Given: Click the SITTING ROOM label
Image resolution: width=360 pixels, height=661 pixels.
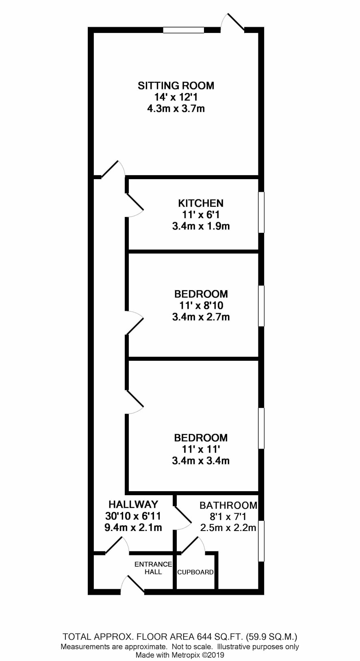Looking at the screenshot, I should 176,86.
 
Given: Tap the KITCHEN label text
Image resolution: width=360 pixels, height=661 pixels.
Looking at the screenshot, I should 201,203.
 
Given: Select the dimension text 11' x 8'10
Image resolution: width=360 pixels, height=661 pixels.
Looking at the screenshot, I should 201,305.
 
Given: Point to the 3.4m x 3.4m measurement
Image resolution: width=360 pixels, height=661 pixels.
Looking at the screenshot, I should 201,461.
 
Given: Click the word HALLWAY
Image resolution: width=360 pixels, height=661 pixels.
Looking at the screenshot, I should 133,505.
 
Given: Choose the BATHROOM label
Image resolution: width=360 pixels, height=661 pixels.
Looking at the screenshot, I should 228,505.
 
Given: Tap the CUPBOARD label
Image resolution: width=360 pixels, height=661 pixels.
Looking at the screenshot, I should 195,572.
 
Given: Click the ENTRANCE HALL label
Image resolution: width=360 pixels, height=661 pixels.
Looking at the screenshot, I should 153,568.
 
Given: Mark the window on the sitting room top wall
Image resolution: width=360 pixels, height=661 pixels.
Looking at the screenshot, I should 183,30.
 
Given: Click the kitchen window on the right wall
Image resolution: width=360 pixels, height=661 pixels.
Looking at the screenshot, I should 262,212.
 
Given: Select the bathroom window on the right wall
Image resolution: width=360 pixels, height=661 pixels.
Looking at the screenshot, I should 262,540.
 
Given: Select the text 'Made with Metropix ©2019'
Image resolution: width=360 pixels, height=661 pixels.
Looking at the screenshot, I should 180,655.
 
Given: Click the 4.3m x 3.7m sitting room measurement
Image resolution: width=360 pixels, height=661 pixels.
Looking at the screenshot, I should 176,108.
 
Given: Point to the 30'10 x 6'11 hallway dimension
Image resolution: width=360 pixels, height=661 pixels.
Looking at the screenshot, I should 133,516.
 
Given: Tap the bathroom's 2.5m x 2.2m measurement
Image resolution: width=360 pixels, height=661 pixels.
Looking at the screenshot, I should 228,527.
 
